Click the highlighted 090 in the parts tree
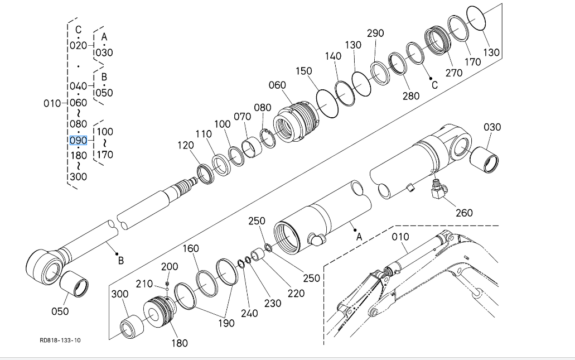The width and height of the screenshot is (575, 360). pos(78,140)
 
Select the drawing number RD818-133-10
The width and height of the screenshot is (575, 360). pos(60,340)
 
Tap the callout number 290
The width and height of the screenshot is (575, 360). pos(375,33)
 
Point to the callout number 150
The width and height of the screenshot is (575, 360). pos(304,71)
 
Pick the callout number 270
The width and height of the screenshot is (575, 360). pos(453,73)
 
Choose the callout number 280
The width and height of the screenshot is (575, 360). pos(411,96)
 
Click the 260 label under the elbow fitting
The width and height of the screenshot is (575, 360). pos(464,212)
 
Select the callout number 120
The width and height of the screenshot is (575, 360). pos(186,145)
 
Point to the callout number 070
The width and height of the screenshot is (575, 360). pos(242,117)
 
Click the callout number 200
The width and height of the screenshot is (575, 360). pos(170,267)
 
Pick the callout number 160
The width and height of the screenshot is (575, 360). pos(191,248)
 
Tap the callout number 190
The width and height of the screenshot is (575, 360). pos(225,323)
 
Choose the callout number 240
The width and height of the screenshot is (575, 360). pos(249,313)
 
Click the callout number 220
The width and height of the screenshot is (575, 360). pos(296,293)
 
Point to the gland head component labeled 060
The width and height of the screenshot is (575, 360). pos(297,121)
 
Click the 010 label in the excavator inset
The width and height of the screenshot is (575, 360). pos(400,236)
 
